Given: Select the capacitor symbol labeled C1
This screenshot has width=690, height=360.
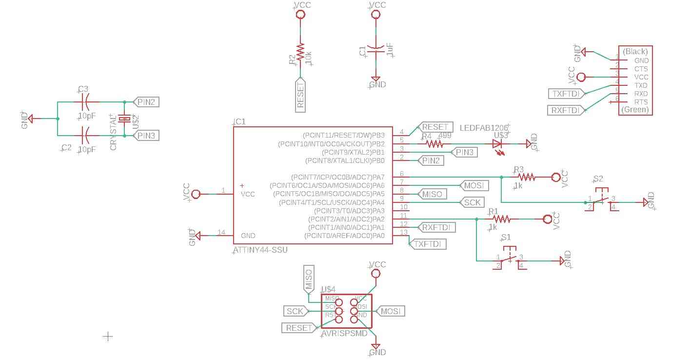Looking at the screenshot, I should point(375,49).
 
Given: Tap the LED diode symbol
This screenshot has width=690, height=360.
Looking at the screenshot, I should point(497,144).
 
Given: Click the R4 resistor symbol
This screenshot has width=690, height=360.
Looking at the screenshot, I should point(434,144).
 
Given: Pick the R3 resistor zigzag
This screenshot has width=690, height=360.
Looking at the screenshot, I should point(527,177).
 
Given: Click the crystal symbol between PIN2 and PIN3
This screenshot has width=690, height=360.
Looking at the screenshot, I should point(125,119).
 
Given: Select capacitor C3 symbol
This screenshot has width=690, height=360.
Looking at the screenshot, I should point(86,102).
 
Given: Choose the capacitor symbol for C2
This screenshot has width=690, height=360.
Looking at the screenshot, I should point(86,135).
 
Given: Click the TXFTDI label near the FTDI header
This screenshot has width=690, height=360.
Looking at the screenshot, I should point(566,94).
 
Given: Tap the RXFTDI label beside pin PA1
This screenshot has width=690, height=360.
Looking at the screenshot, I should point(437,227).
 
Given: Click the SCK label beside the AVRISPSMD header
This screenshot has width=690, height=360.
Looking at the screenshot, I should point(295,311).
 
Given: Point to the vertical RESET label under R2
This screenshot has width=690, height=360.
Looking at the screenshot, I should point(300,95).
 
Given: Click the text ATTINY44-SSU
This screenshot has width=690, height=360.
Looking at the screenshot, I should point(260,250).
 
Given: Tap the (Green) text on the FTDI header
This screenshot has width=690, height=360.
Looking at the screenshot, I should point(635,110).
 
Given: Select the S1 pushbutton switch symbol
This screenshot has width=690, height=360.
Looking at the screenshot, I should point(510,259).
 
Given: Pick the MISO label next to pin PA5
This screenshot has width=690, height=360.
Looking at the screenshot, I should point(432,194).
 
